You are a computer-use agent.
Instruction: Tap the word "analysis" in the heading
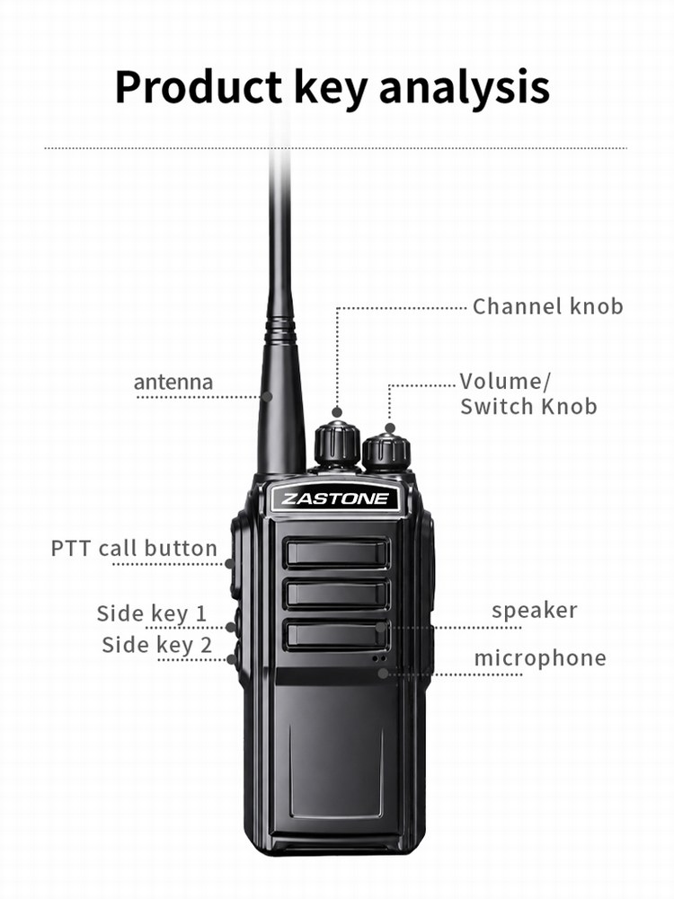465,88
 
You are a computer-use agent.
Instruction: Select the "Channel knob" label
548,306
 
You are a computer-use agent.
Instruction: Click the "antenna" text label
173,382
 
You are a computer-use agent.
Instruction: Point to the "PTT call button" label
134,548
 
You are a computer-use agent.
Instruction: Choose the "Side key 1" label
152,613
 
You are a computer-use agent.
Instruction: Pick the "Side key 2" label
156,645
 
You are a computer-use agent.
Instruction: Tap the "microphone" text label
540,658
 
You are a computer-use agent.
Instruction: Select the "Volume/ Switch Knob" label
528,394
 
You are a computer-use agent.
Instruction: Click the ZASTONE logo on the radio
334,498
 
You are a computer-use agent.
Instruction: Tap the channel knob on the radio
337,444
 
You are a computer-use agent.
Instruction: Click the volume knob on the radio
386,453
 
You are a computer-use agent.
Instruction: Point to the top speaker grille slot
337,552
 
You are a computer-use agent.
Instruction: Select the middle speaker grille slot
337,594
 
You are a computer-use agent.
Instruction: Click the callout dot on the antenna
267,396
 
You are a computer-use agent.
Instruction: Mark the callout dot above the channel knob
337,412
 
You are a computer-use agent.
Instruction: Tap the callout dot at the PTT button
229,564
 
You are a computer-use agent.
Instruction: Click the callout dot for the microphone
383,674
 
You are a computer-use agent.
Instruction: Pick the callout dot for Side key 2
231,660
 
